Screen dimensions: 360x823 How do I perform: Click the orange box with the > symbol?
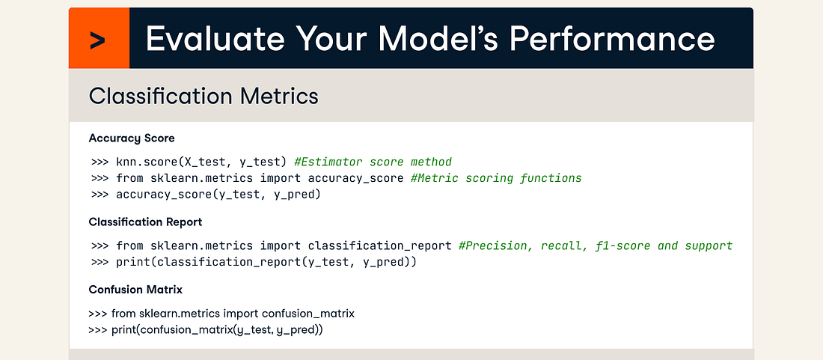(99, 39)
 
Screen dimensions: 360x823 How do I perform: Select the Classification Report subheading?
(145, 222)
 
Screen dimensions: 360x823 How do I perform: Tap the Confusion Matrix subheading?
(135, 290)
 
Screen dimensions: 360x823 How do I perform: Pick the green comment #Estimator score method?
(373, 162)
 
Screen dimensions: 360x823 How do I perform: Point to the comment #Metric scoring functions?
(496, 178)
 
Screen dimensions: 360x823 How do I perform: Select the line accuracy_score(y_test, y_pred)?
(218, 195)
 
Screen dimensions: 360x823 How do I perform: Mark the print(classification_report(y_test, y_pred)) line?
(266, 263)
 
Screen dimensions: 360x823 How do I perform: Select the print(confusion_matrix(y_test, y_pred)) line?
(216, 330)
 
